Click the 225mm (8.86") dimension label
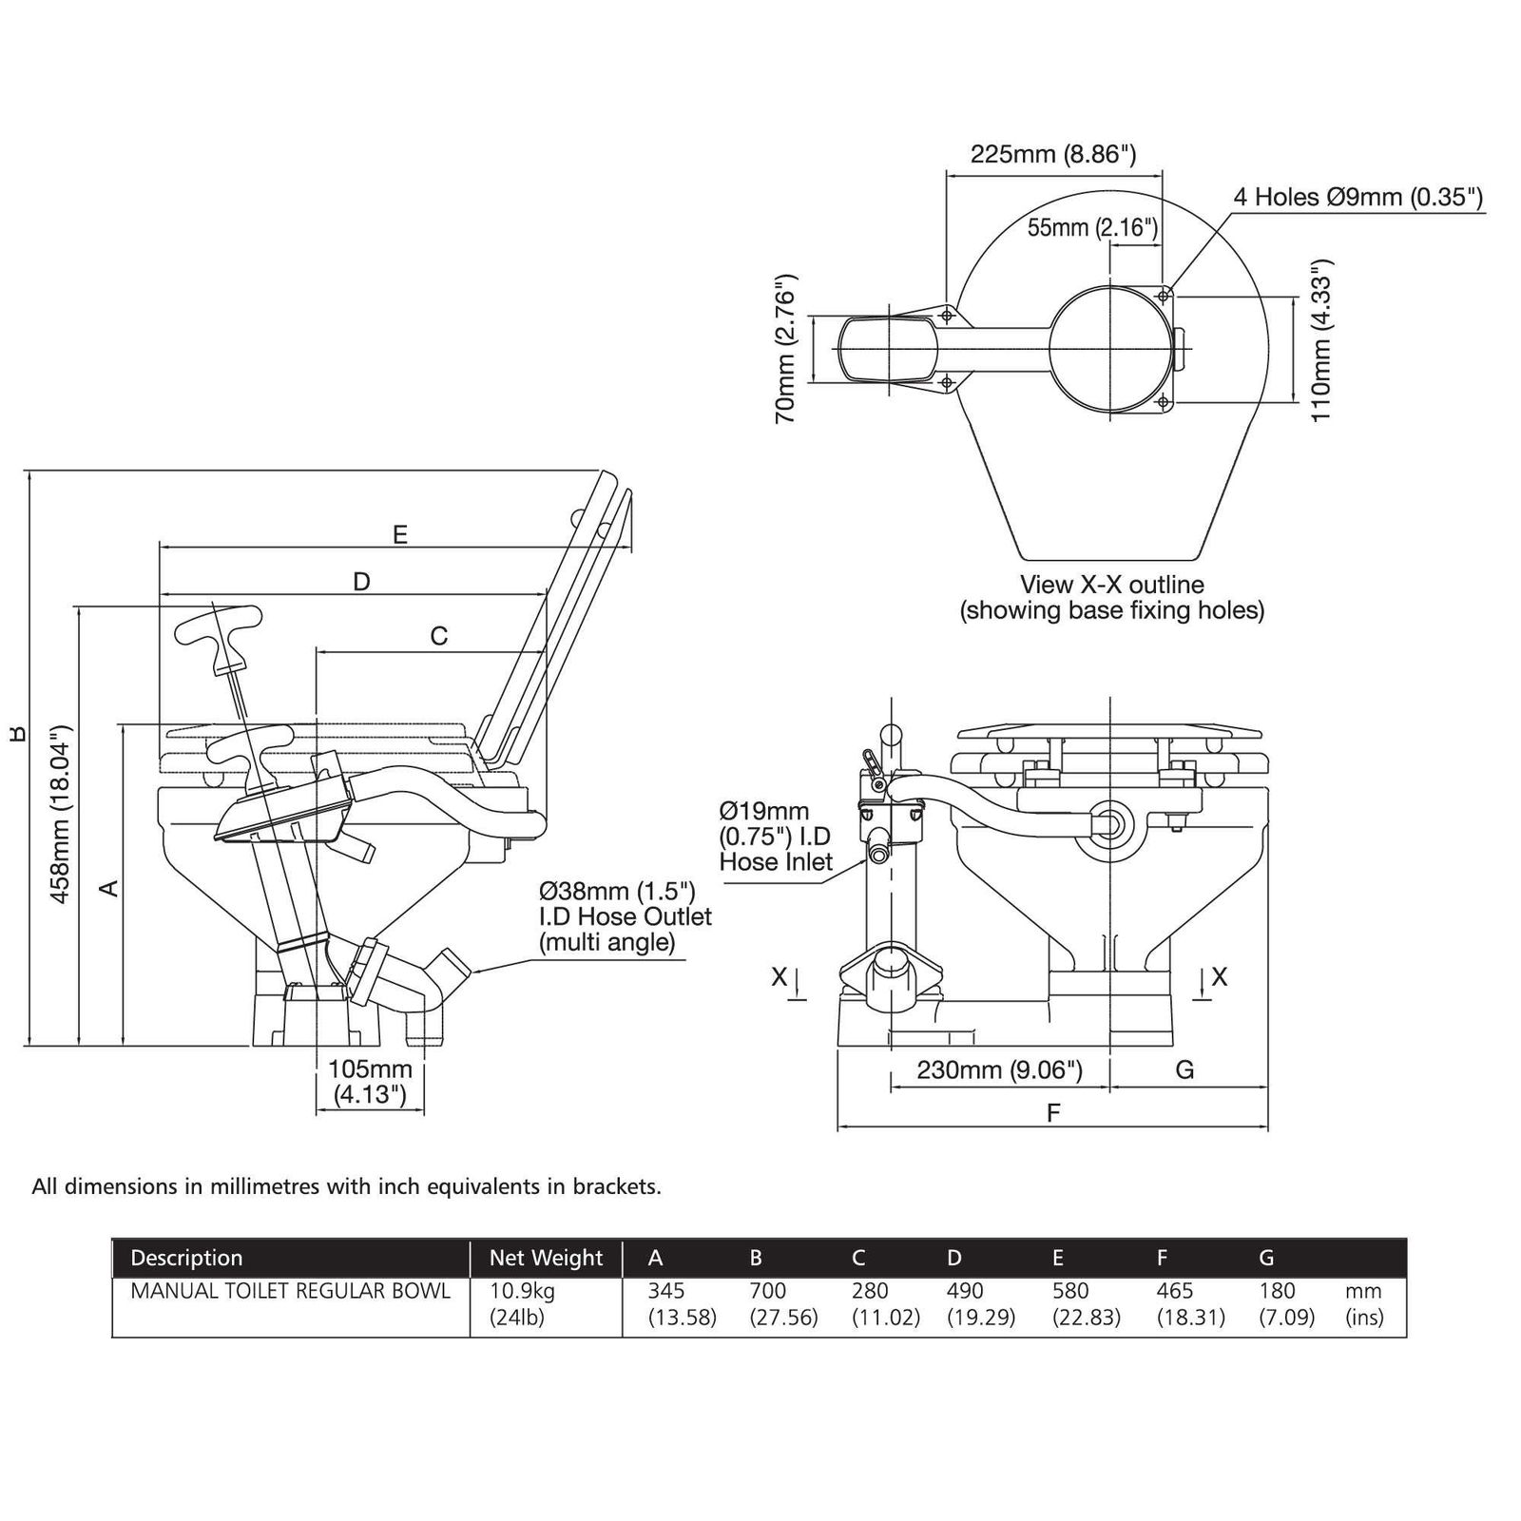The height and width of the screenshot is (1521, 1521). tap(1053, 154)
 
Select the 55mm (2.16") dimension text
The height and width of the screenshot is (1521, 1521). tap(1093, 227)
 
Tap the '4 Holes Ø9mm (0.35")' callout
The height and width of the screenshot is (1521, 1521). tap(1358, 197)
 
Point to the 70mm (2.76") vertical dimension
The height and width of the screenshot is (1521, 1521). tap(786, 349)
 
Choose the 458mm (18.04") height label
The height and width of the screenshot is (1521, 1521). tap(61, 815)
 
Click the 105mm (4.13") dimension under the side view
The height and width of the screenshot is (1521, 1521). tap(370, 1082)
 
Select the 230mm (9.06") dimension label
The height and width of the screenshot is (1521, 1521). tap(999, 1070)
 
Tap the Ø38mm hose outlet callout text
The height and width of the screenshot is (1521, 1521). tap(625, 916)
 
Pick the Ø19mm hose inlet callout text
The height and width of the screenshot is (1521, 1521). tap(776, 837)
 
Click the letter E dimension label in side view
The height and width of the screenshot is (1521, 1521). tap(400, 534)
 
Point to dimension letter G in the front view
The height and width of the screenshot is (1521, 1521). tap(1184, 1070)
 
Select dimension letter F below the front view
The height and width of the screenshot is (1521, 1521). tap(1053, 1113)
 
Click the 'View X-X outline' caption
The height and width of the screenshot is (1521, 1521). tap(1112, 585)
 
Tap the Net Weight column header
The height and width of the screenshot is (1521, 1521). tap(546, 1259)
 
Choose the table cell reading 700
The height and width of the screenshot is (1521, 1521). tap(768, 1291)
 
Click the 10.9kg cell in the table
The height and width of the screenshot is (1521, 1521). tap(522, 1292)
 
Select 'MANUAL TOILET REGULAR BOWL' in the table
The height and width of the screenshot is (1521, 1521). tap(290, 1291)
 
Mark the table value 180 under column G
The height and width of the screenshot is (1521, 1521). tap(1277, 1291)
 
